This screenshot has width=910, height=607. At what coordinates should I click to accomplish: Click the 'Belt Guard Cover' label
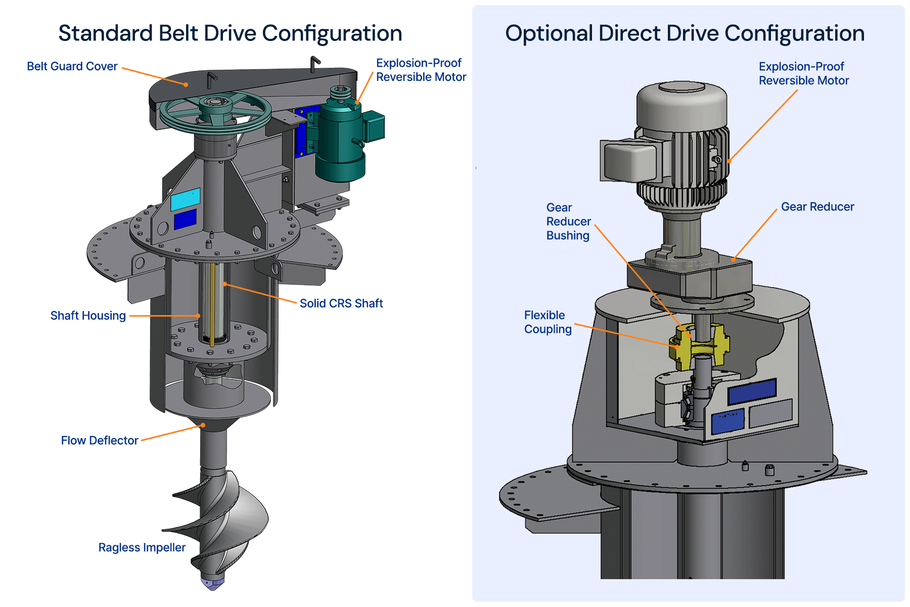(72, 66)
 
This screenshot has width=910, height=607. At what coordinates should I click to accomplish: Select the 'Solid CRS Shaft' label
(341, 303)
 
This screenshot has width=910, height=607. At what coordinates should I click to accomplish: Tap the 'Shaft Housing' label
(88, 316)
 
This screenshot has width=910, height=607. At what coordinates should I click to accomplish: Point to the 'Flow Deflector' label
(100, 441)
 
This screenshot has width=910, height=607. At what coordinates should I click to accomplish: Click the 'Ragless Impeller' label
(142, 548)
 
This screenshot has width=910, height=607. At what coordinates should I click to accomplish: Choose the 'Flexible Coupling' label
(548, 322)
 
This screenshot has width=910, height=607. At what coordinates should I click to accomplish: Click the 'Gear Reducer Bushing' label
(569, 222)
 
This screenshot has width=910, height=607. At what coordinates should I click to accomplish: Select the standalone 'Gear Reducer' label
(817, 207)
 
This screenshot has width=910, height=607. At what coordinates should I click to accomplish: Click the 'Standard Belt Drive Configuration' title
(230, 33)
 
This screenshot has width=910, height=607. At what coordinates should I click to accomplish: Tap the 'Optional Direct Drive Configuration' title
(685, 33)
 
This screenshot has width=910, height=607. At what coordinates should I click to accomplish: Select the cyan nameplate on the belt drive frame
(185, 199)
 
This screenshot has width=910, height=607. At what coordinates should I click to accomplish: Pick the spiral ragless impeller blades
(217, 521)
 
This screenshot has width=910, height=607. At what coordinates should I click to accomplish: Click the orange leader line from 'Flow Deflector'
(172, 432)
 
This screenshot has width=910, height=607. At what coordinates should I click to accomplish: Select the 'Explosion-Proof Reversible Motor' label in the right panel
(804, 74)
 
